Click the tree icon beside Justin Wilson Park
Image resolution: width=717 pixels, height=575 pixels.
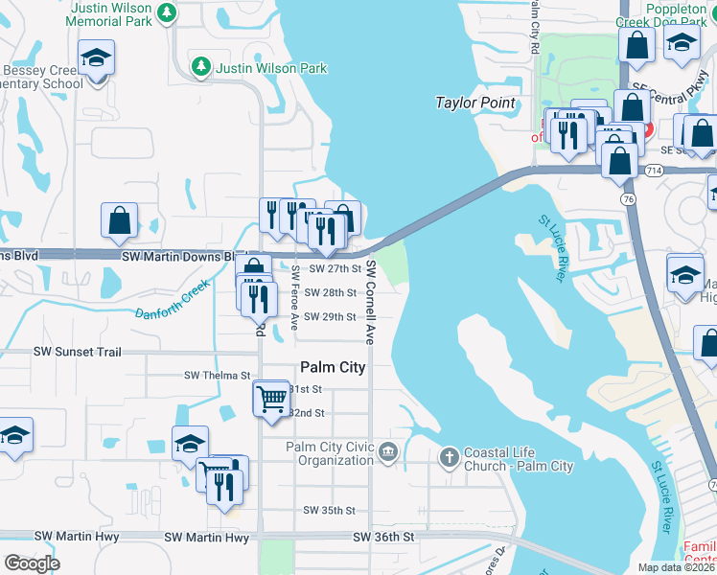tap(202, 68)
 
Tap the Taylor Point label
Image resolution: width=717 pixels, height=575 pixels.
tap(475, 103)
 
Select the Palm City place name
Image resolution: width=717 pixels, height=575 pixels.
tap(333, 366)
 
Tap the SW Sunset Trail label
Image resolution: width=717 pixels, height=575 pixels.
tap(78, 353)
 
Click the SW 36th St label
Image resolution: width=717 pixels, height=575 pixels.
tap(383, 538)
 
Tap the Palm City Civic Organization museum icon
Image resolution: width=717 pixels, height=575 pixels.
tap(387, 451)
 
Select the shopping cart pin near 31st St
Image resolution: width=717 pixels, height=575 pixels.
tap(272, 397)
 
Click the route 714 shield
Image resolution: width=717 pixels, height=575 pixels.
tap(653, 171)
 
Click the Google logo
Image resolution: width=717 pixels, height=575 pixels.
tap(32, 563)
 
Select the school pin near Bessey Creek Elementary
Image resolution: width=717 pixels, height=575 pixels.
tap(96, 58)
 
